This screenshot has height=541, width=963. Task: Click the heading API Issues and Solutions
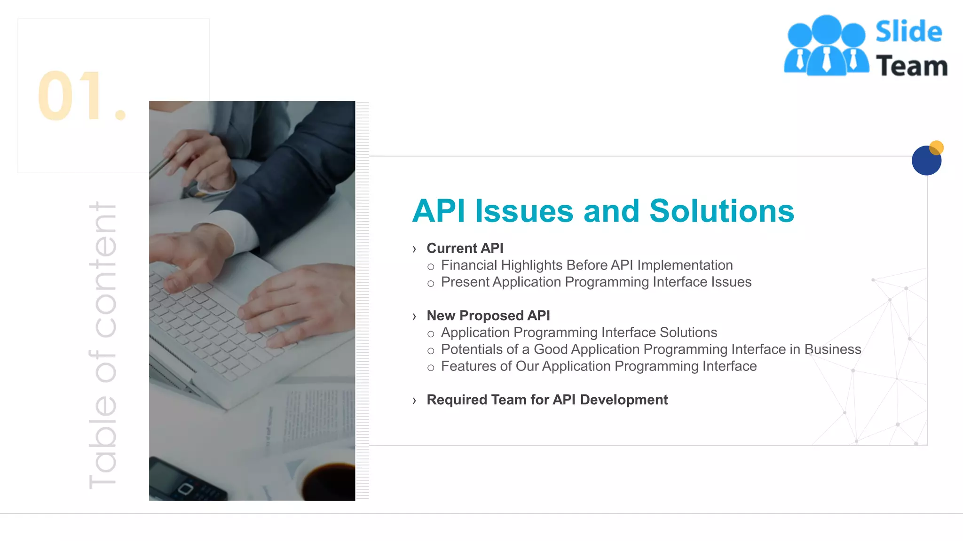[x=603, y=211]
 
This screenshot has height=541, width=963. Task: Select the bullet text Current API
[x=465, y=248]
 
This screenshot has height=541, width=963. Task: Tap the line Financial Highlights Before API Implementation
[x=586, y=265]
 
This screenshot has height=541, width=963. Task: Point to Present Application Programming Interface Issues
[x=596, y=282]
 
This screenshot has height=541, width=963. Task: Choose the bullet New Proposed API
[x=488, y=316]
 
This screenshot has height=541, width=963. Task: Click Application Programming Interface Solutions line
[x=579, y=332]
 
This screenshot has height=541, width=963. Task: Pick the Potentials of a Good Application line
[x=651, y=349]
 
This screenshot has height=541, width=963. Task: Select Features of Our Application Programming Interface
[x=599, y=366]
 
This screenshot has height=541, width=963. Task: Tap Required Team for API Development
[x=547, y=400]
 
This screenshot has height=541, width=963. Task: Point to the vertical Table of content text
[x=103, y=345]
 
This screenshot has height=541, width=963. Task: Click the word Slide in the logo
[x=908, y=32]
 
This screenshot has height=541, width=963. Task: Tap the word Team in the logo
[x=911, y=66]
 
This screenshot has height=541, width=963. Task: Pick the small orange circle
[x=937, y=147]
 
